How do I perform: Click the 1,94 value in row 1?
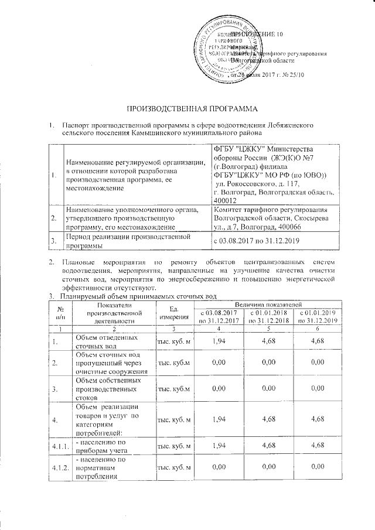pyautogui.click(x=219, y=340)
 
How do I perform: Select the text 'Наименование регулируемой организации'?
pyautogui.click(x=135, y=162)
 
